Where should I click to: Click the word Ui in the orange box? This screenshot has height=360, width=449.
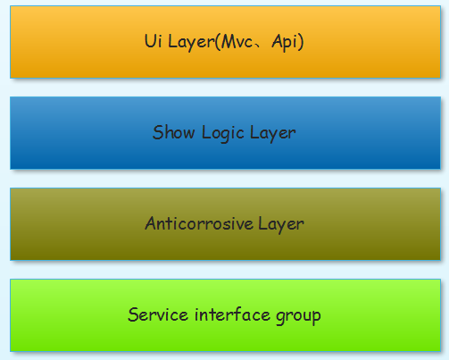click(154, 41)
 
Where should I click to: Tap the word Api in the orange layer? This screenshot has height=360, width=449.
click(285, 42)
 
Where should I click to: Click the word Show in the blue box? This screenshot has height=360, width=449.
click(174, 132)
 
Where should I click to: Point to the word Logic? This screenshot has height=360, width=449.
click(223, 133)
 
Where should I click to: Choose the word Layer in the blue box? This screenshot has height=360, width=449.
click(273, 133)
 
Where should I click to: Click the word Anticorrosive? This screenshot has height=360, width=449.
click(199, 223)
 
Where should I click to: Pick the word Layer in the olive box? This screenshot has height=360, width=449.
click(281, 224)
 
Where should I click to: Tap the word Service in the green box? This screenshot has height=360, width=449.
click(158, 314)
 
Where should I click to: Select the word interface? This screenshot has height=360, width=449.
click(232, 314)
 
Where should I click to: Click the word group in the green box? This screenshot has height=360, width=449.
click(298, 317)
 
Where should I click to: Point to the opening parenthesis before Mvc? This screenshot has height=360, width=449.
click(218, 42)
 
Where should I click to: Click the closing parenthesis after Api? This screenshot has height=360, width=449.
click(301, 42)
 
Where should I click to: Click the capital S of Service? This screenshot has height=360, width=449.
click(133, 314)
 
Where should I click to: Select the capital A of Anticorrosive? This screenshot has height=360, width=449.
click(151, 223)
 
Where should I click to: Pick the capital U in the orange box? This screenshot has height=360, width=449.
click(149, 41)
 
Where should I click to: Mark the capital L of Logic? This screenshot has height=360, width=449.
click(206, 132)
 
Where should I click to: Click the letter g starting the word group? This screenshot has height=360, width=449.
click(280, 318)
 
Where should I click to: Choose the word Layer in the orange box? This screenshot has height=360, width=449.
click(191, 42)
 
